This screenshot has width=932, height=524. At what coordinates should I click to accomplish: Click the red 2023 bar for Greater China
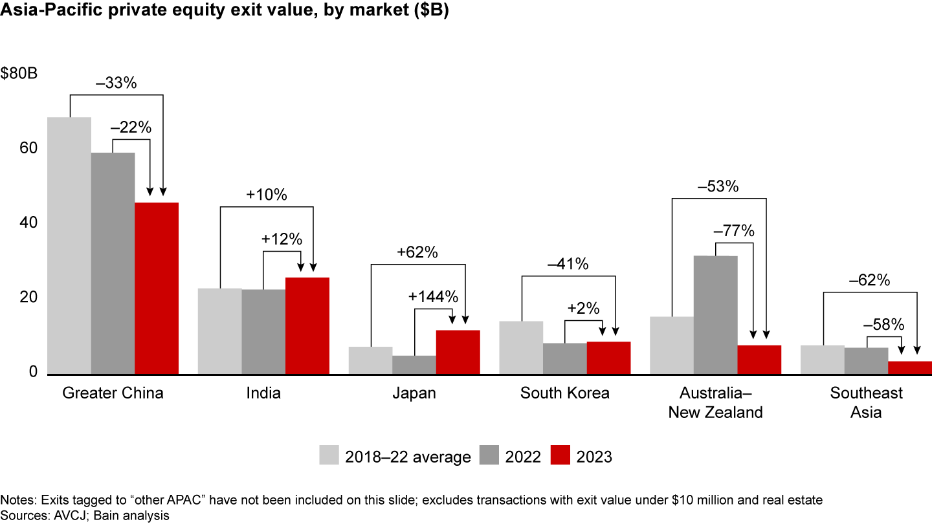[x=157, y=289]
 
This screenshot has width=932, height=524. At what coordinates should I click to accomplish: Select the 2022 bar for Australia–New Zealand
[x=715, y=315]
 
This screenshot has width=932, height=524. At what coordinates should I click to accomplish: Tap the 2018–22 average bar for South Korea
[x=521, y=347]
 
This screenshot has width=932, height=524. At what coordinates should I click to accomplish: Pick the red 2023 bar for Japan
[x=458, y=352]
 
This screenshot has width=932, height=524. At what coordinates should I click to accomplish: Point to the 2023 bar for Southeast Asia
[x=909, y=367]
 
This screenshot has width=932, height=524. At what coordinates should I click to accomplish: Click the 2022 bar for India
[x=263, y=331]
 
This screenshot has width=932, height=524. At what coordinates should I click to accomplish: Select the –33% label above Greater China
[x=116, y=83]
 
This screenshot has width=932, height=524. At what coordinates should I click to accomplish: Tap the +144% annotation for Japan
[x=433, y=297]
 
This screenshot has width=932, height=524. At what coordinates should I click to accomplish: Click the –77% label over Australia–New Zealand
[x=734, y=231]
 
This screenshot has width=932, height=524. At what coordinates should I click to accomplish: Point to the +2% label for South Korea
[x=583, y=308]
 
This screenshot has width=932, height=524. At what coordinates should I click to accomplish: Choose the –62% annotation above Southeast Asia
[x=869, y=281]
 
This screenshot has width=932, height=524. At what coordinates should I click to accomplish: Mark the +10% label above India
[x=266, y=195]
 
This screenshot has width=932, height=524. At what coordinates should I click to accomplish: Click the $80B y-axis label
[x=19, y=73]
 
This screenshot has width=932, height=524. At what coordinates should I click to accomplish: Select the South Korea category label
[x=565, y=393]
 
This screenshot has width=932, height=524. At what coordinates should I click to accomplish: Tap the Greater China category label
[x=113, y=393]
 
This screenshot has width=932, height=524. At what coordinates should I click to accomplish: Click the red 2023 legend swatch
[x=560, y=455]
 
